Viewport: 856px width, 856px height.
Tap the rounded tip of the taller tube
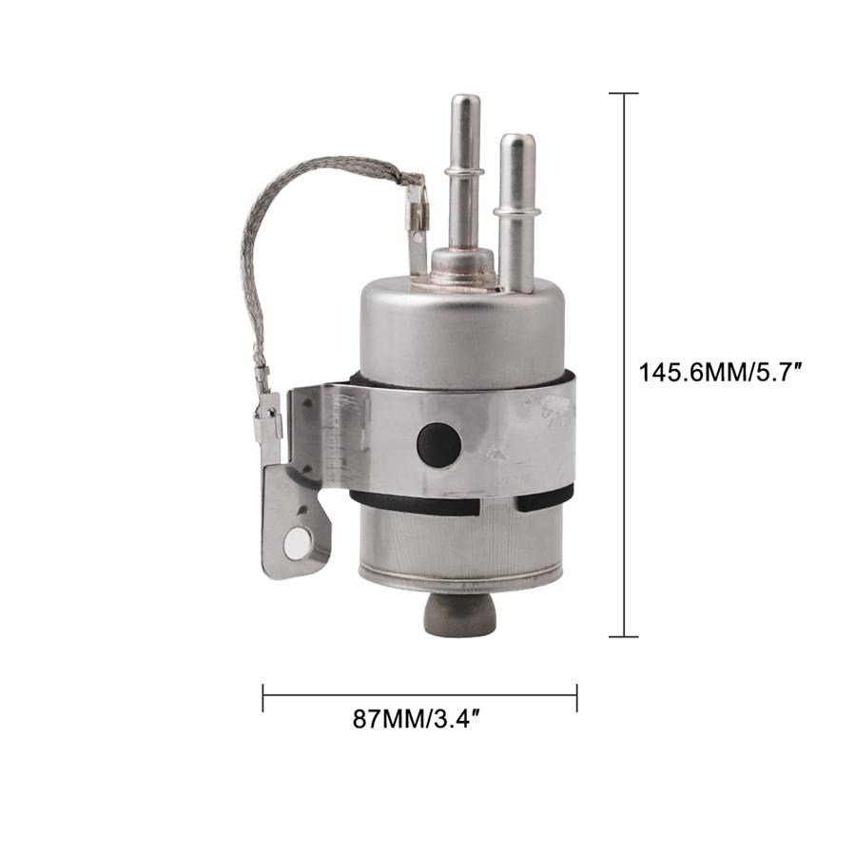(x=464, y=101)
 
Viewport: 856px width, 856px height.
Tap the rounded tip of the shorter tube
(x=518, y=141)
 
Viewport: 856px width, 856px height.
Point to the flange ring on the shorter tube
(x=516, y=212)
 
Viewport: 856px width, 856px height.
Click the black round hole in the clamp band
(x=438, y=444)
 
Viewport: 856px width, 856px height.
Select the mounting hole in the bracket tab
(x=297, y=544)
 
